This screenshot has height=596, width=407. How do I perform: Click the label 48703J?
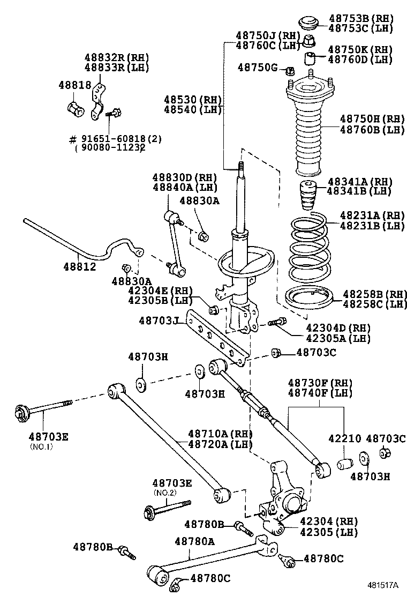click(159, 321)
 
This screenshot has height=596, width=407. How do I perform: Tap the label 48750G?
click(258, 68)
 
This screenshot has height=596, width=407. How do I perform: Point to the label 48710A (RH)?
click(220, 433)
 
